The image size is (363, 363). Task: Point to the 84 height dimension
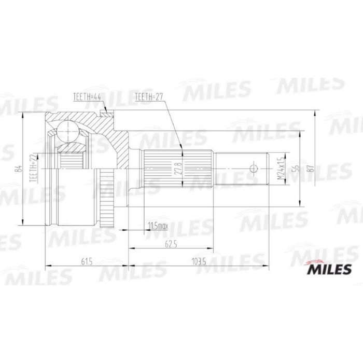(19, 168)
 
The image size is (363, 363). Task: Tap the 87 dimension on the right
(310, 167)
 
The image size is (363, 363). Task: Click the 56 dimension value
(295, 167)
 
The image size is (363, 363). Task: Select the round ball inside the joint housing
(66, 129)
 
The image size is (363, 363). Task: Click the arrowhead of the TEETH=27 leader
(181, 152)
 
